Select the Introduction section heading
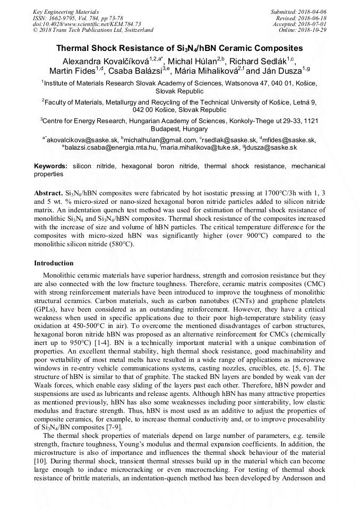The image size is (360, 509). pos(54,263)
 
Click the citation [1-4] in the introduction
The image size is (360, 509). pos(101,337)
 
